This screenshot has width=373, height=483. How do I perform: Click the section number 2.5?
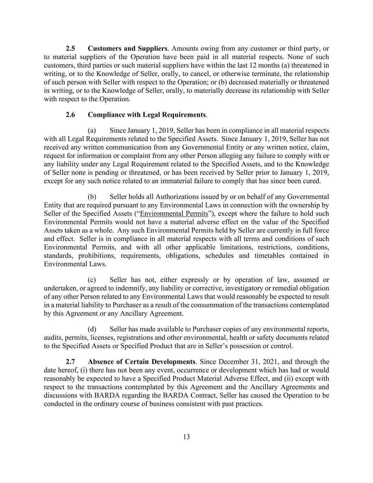[70, 48]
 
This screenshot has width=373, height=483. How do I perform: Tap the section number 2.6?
[70, 115]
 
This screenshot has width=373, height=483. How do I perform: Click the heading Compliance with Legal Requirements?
[147, 115]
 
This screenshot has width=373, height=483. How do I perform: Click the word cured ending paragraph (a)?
[312, 181]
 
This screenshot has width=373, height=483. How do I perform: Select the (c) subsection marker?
[92, 280]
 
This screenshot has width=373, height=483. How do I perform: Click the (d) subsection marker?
[92, 329]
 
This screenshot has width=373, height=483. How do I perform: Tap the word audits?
[53, 338]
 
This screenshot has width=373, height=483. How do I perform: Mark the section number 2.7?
[70, 362]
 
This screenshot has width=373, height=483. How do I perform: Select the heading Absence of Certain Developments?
[141, 362]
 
